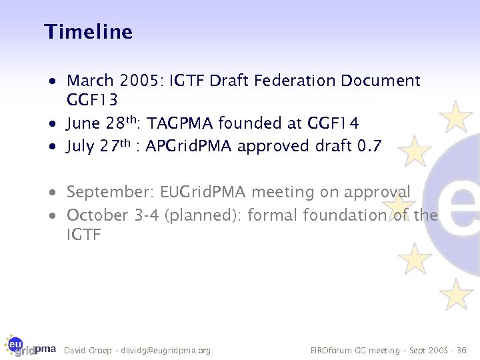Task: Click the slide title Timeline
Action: pos(88,32)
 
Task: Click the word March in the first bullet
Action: pos(90,81)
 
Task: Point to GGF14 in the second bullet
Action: pos(333,124)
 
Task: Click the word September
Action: pos(110,193)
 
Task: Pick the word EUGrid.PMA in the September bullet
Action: pos(203,193)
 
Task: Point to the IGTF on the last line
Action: pos(83,235)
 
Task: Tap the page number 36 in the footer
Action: pos(462,350)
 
